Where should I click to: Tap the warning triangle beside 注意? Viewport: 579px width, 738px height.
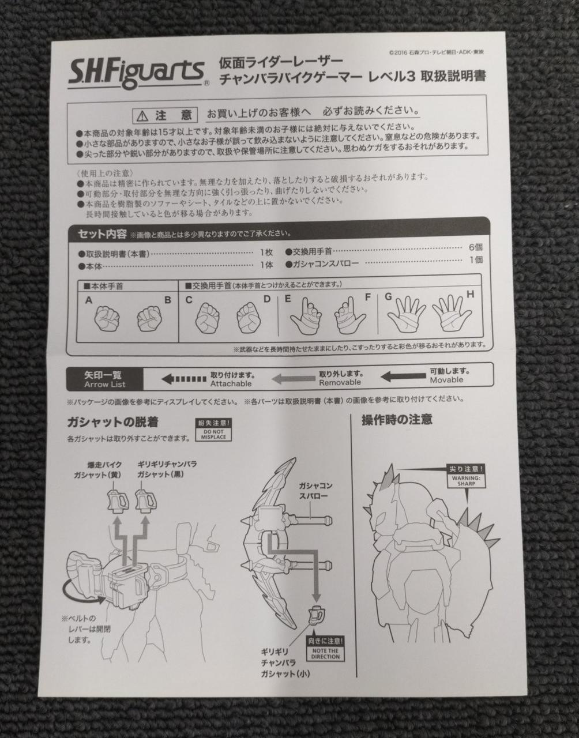142,116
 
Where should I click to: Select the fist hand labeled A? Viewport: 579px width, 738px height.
107,318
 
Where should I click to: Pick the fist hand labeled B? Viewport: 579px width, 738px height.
149,319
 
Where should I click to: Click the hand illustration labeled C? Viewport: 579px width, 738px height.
208,317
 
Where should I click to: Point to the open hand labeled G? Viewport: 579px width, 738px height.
407,314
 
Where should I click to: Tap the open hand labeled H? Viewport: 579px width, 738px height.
452,313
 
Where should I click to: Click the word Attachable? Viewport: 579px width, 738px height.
231,384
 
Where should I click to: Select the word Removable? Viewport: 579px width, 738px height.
340,382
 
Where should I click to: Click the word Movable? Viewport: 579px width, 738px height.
446,380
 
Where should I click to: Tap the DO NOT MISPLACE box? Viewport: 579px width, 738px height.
213,430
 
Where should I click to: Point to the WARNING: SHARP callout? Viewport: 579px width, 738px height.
466,476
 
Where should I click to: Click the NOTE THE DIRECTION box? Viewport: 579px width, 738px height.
325,649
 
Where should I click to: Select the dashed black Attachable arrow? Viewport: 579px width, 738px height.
184,379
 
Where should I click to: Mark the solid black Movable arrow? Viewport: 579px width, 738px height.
403,376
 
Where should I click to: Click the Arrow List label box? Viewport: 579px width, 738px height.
105,379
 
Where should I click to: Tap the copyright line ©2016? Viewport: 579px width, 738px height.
437,52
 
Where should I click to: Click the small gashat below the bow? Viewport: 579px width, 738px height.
317,615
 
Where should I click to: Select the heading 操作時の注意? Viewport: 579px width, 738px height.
397,420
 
